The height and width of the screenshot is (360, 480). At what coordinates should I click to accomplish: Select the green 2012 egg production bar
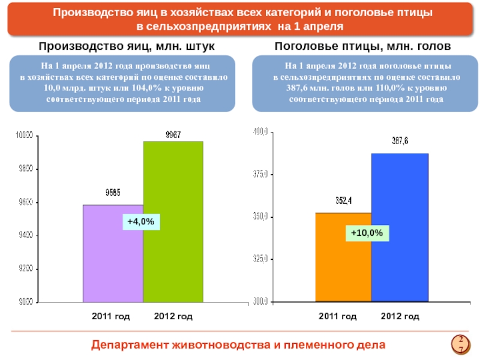[x=173, y=222]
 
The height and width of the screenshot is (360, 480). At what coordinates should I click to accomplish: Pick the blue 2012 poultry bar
[x=400, y=228]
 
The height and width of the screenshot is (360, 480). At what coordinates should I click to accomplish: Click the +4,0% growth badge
[x=142, y=222]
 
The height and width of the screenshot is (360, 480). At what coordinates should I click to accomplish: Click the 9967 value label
[x=174, y=135]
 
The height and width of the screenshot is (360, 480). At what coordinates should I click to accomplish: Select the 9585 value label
[x=113, y=193]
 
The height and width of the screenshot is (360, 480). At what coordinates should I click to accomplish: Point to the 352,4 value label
[x=343, y=202]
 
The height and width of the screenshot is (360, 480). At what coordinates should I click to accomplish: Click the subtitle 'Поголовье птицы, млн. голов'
[x=362, y=46]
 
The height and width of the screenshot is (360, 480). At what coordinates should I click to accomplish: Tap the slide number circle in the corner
[x=460, y=344]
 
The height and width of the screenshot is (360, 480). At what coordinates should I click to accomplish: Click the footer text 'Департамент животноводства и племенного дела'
[x=239, y=344]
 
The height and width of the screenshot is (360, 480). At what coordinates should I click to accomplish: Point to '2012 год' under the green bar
[x=173, y=316]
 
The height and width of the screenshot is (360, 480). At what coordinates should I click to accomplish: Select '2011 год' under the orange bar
[x=337, y=316]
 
